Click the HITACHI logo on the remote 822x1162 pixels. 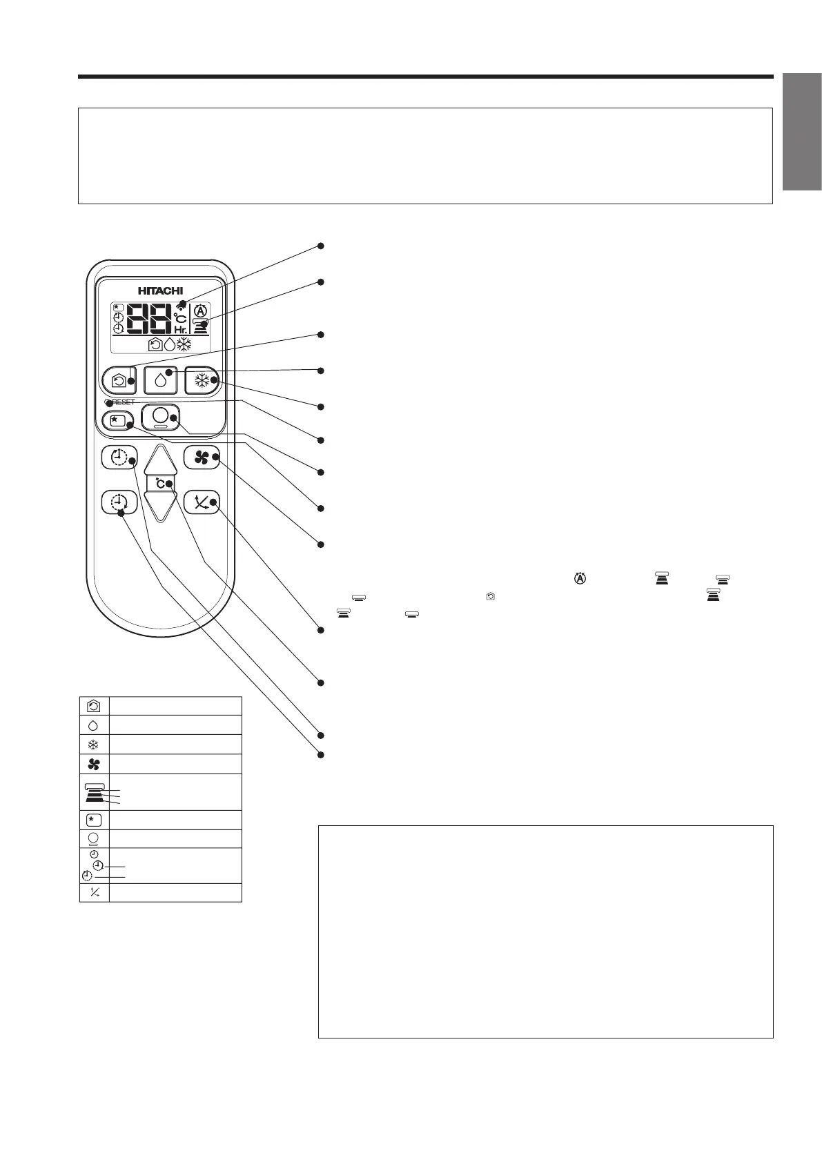tap(160, 291)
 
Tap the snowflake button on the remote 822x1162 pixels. tap(202, 380)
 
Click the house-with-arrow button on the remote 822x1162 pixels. tap(119, 380)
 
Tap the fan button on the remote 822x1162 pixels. tap(202, 457)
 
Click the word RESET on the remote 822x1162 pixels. tap(124, 402)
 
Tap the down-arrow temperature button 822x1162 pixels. tap(160, 507)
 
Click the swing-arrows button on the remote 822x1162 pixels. tap(202, 502)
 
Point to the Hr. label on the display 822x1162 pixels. tap(181, 331)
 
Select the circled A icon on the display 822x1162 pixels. tap(201, 310)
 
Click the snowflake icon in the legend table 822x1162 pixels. tap(94, 745)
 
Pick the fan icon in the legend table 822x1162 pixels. tap(94, 764)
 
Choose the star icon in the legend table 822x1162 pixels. tap(94, 820)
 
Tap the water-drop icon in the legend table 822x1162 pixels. tap(94, 725)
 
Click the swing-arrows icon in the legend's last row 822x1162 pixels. tap(94, 893)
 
